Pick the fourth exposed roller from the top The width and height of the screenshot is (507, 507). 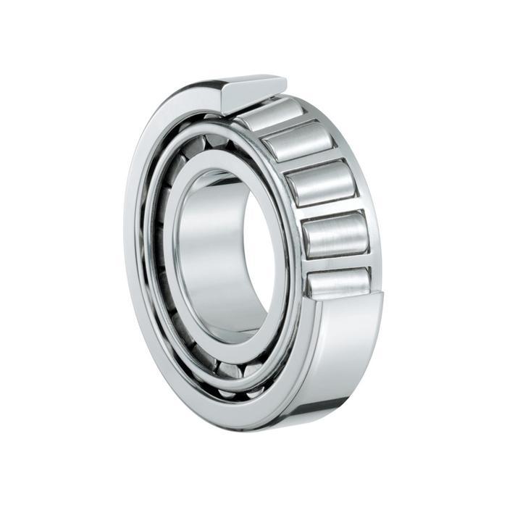pyautogui.click(x=335, y=234)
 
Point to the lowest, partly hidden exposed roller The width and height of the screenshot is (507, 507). pyautogui.click(x=339, y=280)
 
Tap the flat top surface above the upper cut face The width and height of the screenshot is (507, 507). pyautogui.click(x=253, y=79)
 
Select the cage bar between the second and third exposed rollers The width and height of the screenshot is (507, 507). pyautogui.click(x=309, y=162)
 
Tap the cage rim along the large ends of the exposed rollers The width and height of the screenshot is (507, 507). pyautogui.click(x=297, y=217)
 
